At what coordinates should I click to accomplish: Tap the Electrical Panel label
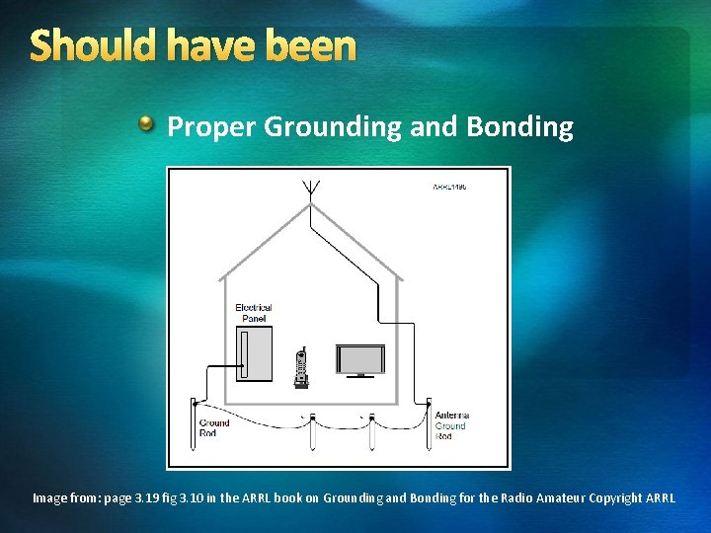coord(254,313)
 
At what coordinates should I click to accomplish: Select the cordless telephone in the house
coord(302,367)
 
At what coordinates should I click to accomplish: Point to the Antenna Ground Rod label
coord(451,425)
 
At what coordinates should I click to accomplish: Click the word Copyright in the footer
coord(616,498)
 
